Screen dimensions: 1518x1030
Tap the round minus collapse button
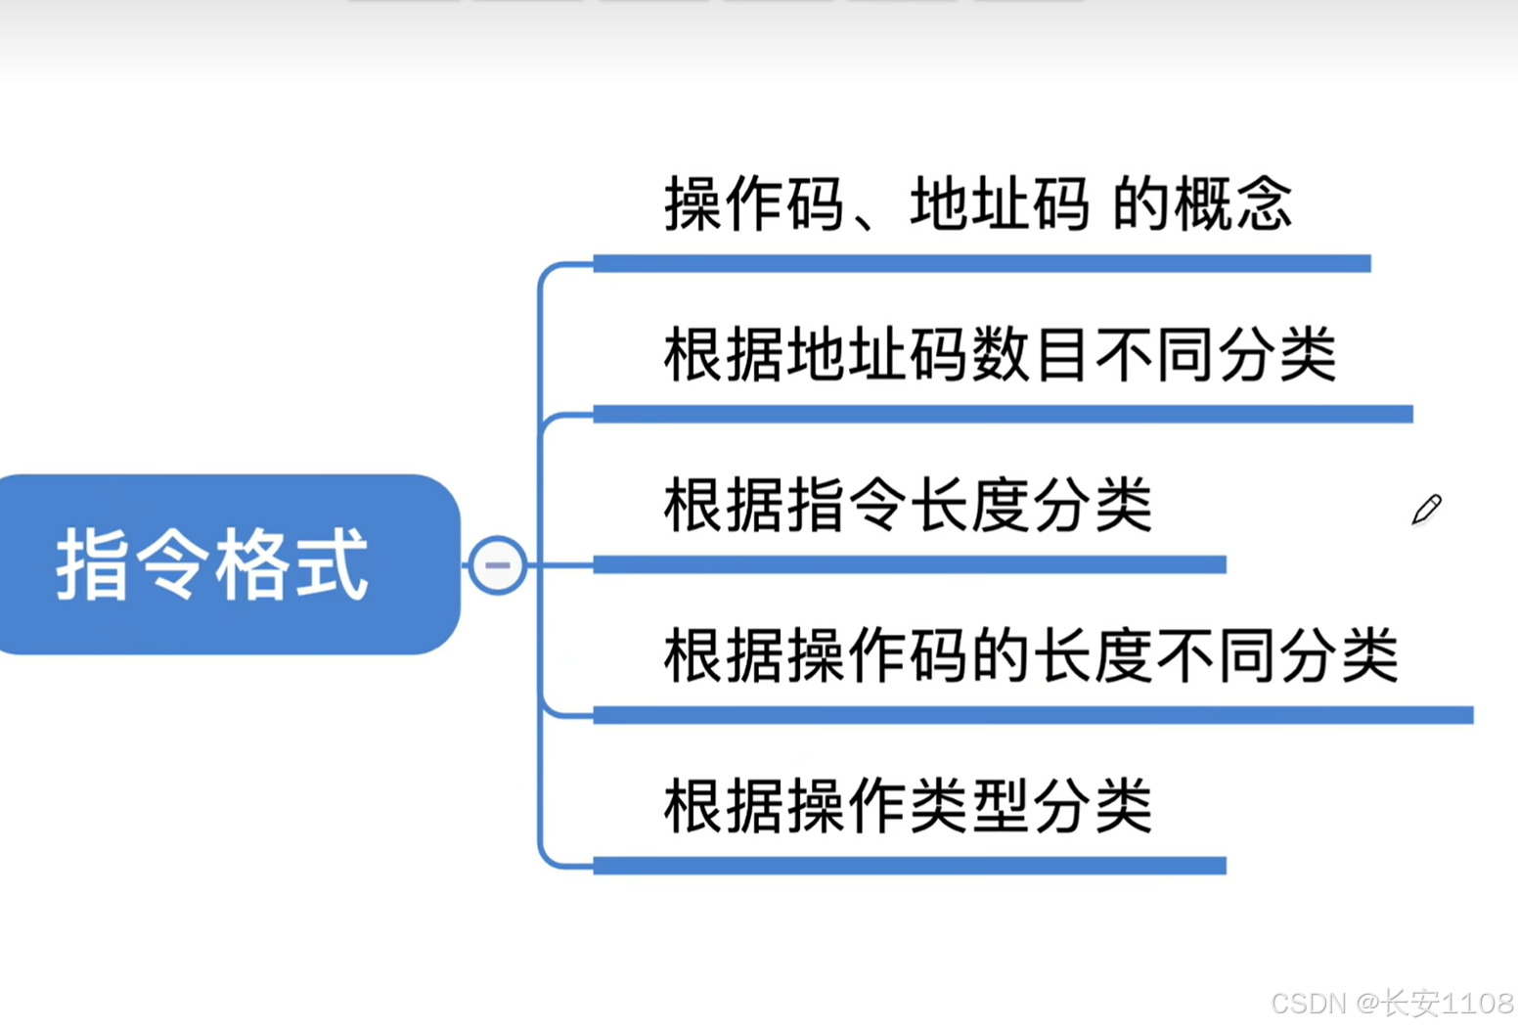pyautogui.click(x=497, y=564)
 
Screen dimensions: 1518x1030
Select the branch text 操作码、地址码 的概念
pyautogui.click(x=978, y=204)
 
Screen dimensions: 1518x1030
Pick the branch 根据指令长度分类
pyautogui.click(x=908, y=505)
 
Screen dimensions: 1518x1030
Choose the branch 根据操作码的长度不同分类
pyautogui.click(x=1031, y=655)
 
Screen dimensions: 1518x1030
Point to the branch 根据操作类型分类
pyautogui.click(x=908, y=806)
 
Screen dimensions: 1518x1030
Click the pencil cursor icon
pyautogui.click(x=1426, y=510)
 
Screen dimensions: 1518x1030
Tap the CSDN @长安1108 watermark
pyautogui.click(x=1392, y=1003)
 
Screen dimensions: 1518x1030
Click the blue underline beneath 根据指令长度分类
pyautogui.click(x=910, y=564)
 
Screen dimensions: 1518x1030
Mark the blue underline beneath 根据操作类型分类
pyautogui.click(x=910, y=866)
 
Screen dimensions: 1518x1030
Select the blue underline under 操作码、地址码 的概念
pyautogui.click(x=981, y=263)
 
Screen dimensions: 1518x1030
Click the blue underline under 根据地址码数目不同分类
pyautogui.click(x=1003, y=414)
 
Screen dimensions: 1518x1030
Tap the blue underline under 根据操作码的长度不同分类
pyautogui.click(x=1033, y=715)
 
